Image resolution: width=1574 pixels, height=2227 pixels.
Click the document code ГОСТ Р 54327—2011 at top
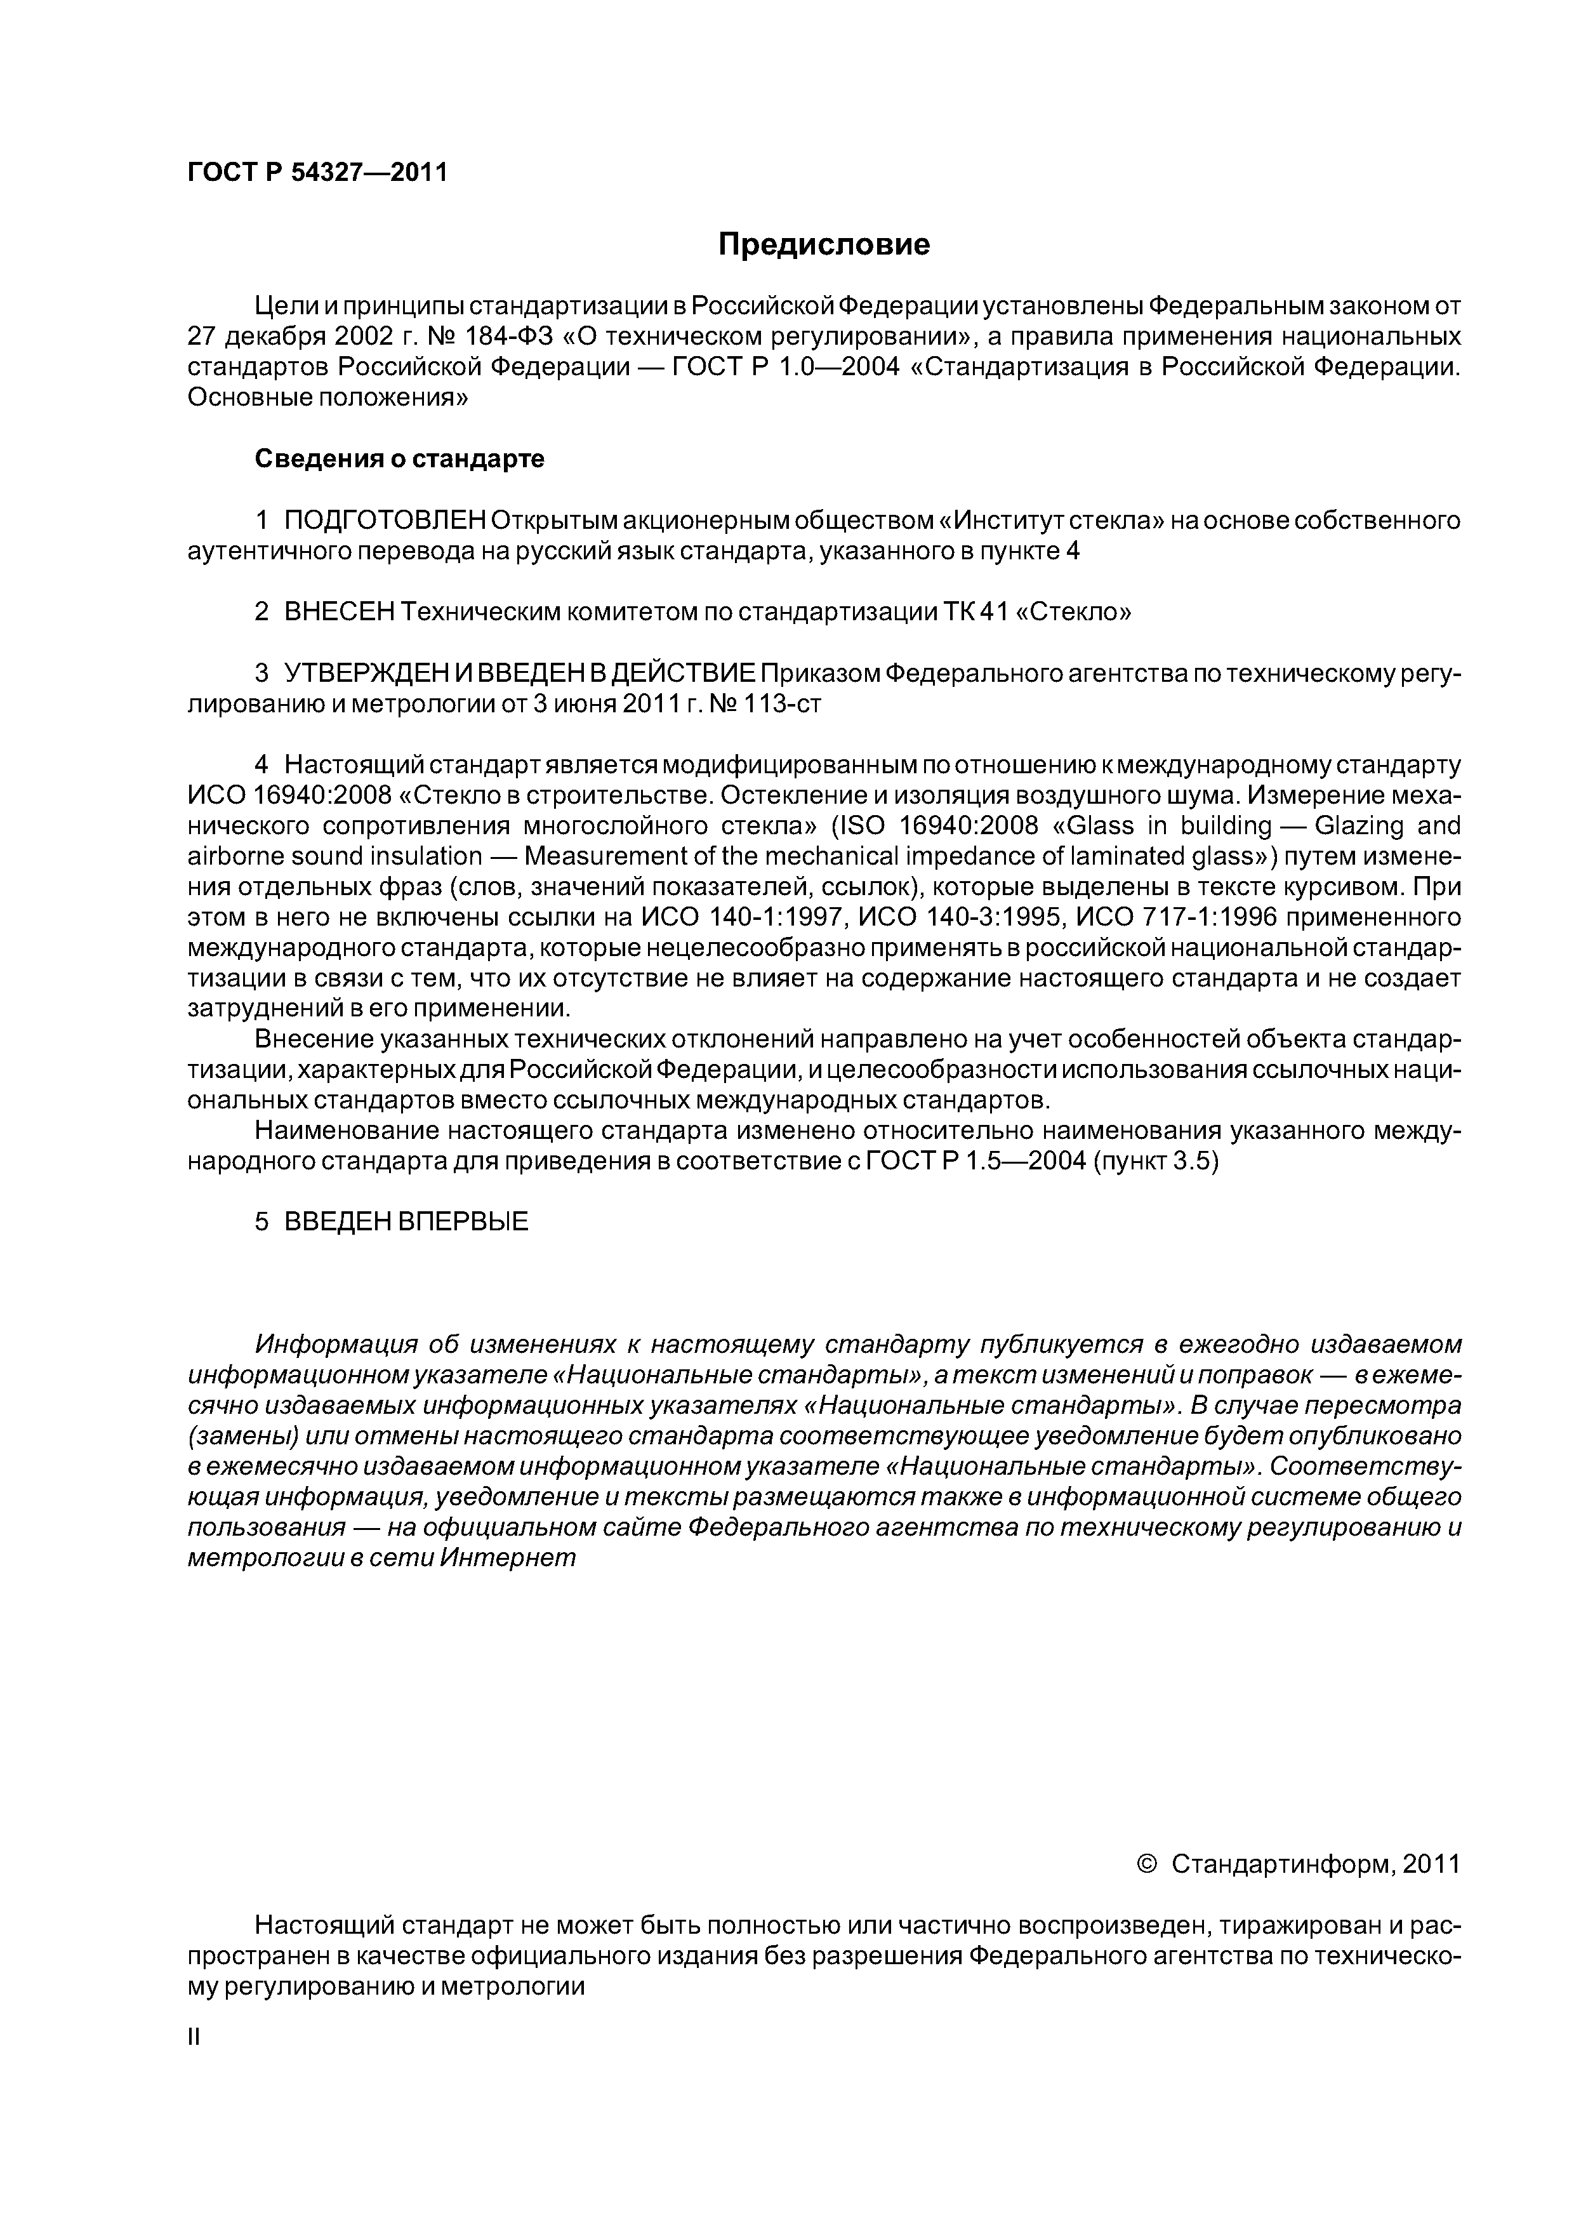[x=317, y=173]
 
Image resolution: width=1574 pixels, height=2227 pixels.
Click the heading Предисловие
[x=823, y=244]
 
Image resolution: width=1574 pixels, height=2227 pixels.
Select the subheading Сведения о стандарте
[x=400, y=459]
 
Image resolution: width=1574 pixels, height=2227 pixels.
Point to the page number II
[x=193, y=2037]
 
